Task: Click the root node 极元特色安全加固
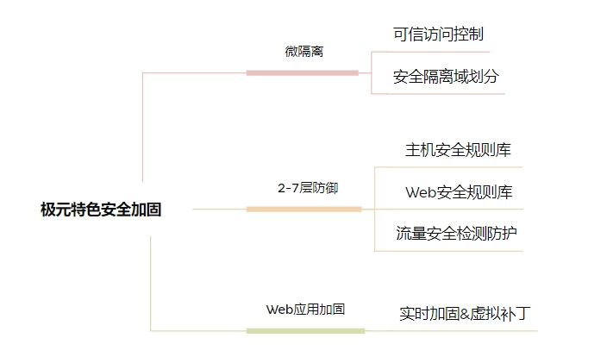click(101, 209)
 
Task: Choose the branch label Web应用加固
click(305, 309)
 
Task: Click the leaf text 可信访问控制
click(438, 34)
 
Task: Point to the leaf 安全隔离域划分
click(446, 77)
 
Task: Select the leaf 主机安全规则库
click(458, 150)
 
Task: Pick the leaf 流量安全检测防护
click(457, 234)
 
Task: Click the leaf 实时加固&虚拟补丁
click(465, 313)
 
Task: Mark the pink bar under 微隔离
click(302, 72)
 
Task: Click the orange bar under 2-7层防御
click(303, 209)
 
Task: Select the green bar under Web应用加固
click(305, 330)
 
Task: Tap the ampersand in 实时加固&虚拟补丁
click(466, 314)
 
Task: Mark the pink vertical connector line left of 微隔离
click(143, 129)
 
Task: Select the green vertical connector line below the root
click(151, 285)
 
